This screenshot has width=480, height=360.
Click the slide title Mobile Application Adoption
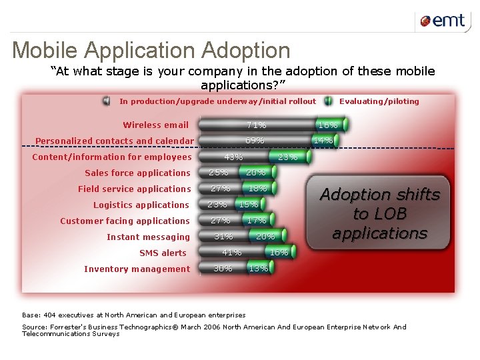151,51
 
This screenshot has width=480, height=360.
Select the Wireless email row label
155,125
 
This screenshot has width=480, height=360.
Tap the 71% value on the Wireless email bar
256,125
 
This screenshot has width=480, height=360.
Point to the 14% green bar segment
323,141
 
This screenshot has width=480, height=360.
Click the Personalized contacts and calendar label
114,141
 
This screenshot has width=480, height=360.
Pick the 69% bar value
255,141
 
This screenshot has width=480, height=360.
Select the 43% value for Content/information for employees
233,157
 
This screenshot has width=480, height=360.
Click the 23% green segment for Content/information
287,157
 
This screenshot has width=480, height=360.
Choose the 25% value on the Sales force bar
218,173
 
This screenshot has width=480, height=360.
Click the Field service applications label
134,189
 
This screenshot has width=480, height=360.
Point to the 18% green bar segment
257,189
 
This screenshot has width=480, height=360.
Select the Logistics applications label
141,205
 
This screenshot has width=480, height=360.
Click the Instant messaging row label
148,237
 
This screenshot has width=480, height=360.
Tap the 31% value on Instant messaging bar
223,237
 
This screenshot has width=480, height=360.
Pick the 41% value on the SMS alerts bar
231,253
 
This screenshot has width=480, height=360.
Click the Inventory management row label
137,269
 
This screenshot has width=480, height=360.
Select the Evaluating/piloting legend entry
379,101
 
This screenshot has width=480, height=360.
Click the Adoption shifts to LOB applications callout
380,214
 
